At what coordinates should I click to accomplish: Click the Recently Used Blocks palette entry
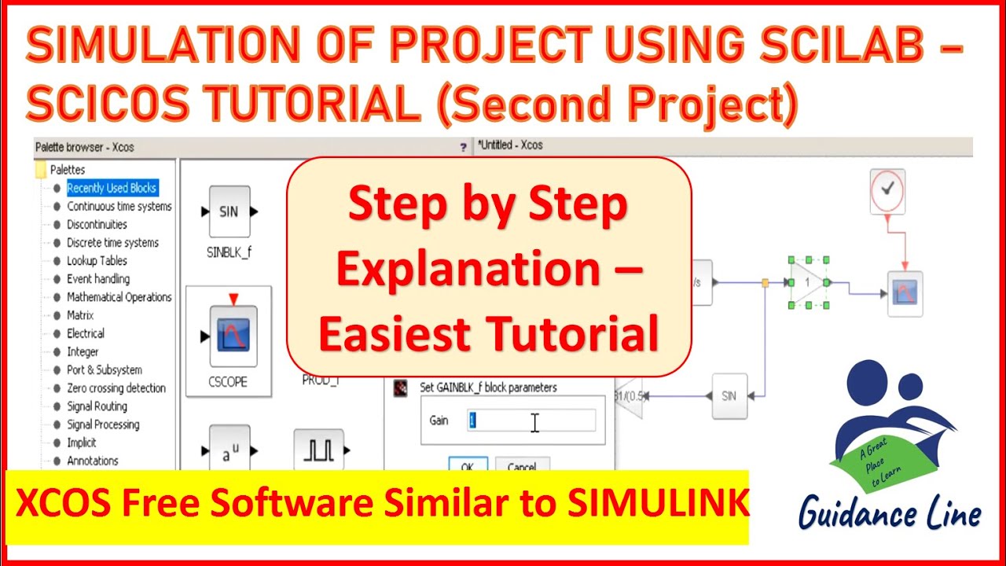click(x=112, y=188)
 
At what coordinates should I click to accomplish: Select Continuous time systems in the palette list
click(x=119, y=206)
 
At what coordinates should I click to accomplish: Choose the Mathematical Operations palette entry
click(x=119, y=297)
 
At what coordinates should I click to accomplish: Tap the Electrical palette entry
click(x=86, y=333)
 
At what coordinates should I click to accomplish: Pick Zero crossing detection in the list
click(x=116, y=388)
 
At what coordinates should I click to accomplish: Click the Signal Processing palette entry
click(x=103, y=424)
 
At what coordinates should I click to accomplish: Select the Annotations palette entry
click(x=93, y=461)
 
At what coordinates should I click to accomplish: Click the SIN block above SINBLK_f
click(x=229, y=211)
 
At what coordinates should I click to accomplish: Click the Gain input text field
click(x=531, y=421)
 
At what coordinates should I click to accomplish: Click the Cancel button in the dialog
click(x=522, y=466)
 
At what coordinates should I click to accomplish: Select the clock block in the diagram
click(x=888, y=190)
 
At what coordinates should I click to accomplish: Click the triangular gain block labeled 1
click(x=807, y=282)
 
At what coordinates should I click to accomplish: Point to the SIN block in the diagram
click(x=729, y=395)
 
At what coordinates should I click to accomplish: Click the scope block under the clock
click(x=905, y=294)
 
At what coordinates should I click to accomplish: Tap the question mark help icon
click(x=463, y=146)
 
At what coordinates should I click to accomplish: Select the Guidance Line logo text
click(x=890, y=515)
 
